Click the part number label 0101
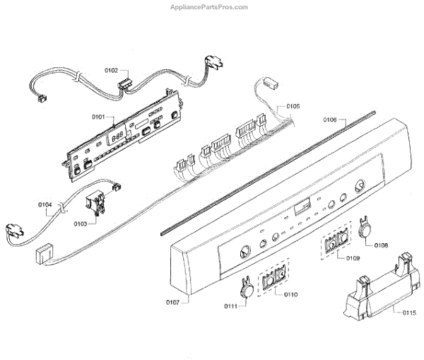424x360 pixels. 98,116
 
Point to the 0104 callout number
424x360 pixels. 45,205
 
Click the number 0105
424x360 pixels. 293,106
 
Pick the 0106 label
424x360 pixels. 330,120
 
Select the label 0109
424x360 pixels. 353,259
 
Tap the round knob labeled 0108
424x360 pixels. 365,230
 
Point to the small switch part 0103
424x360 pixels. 95,205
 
